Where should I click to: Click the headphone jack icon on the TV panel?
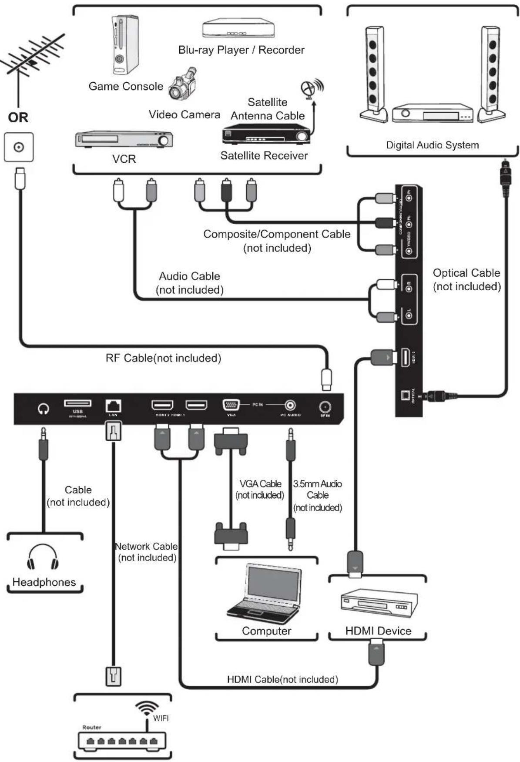(43, 408)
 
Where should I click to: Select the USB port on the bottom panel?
(78, 403)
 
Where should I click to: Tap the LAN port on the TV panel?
(113, 406)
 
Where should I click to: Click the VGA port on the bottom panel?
(231, 405)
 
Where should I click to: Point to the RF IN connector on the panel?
(325, 407)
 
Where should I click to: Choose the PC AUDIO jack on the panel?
(290, 405)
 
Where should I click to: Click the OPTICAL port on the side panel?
(405, 395)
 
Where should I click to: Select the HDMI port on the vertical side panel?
(405, 357)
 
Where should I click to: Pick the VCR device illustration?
(124, 139)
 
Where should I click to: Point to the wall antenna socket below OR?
(19, 148)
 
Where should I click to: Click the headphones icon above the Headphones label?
(43, 557)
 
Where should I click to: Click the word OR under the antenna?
(18, 117)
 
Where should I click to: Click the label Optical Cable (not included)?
(466, 279)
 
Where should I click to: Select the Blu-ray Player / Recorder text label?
(241, 50)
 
